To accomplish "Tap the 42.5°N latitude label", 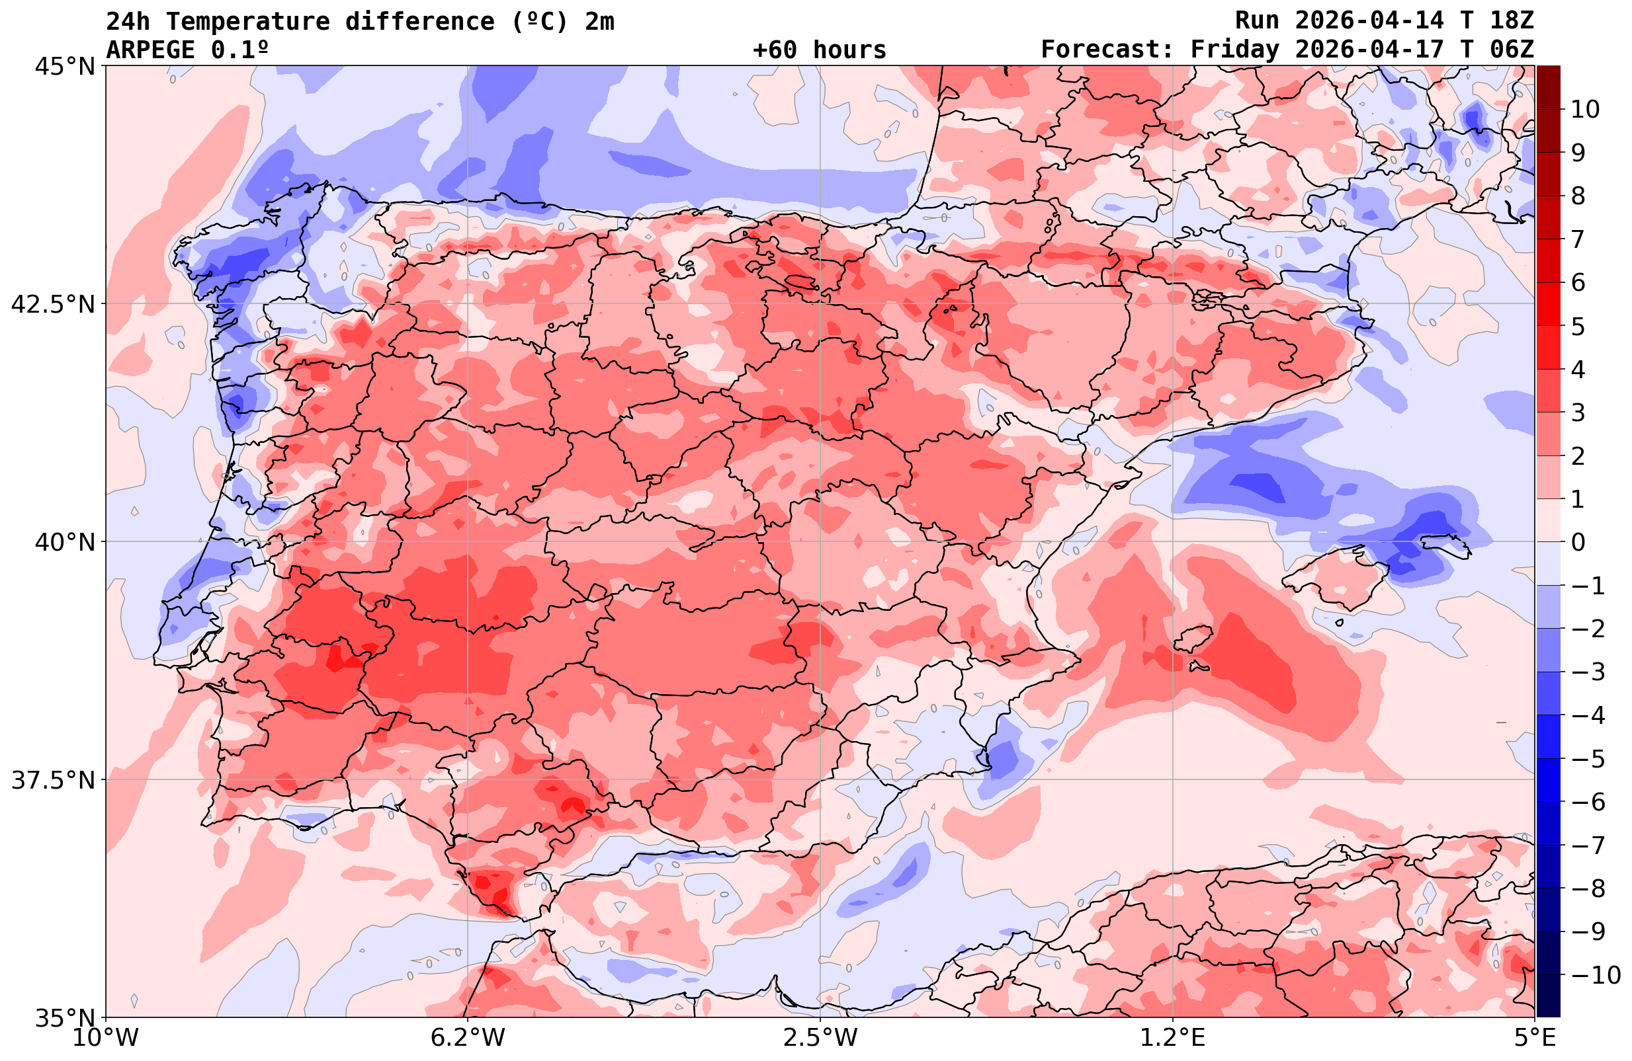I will click(x=53, y=303).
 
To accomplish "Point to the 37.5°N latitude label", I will click(x=53, y=780).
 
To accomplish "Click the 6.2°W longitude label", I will click(x=468, y=1038).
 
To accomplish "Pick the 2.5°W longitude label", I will click(x=820, y=1038).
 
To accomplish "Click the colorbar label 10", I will click(x=1584, y=109).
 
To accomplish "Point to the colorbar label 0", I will click(x=1578, y=542).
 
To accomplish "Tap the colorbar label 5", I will click(x=1578, y=327).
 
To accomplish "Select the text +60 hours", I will click(x=820, y=50).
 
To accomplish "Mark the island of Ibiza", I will click(x=1193, y=638).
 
